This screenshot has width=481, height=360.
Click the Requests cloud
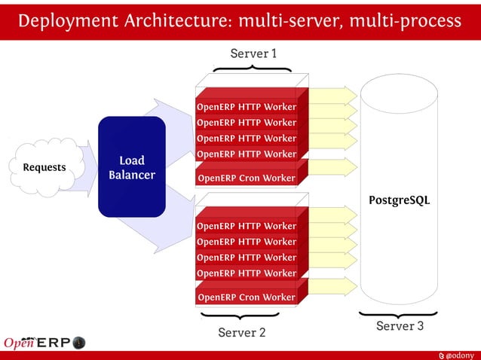[44, 167]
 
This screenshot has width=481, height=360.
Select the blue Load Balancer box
[132, 167]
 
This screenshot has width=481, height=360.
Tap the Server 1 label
[253, 53]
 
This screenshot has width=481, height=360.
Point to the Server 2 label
[241, 332]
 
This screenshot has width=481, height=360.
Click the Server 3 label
[400, 326]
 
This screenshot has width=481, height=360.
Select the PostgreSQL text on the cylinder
[399, 200]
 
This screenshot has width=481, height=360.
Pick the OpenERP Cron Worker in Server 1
[247, 178]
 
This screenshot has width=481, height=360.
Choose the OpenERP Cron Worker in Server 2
[247, 297]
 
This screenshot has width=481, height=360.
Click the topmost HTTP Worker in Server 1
[247, 107]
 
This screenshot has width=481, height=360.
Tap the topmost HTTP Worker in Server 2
[247, 226]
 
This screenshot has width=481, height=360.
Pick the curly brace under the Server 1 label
[253, 69]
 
